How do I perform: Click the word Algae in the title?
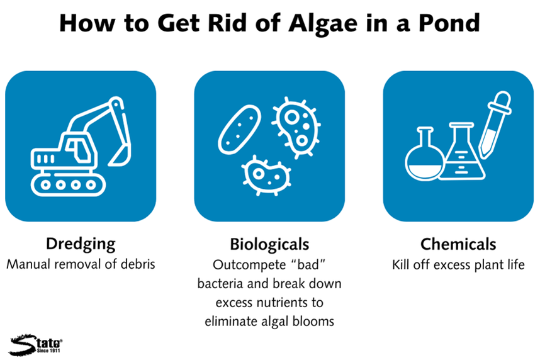click(x=323, y=24)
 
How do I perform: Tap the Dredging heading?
click(x=81, y=245)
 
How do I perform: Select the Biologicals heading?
click(x=269, y=245)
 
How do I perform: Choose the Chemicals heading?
click(x=458, y=244)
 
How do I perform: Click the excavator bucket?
click(x=121, y=155)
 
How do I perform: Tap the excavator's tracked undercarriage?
click(x=68, y=184)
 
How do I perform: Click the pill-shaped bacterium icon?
click(x=239, y=130)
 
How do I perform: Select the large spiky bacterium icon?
click(x=297, y=128)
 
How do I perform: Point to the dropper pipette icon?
click(x=495, y=124)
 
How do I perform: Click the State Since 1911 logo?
click(x=35, y=344)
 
